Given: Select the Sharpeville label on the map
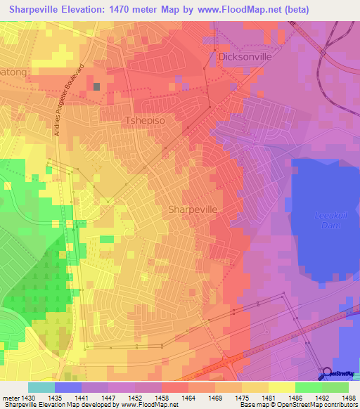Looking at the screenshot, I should [194, 209].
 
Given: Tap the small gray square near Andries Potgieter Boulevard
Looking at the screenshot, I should [96, 87].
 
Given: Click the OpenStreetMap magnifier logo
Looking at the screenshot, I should [327, 373].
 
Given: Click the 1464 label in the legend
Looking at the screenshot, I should [188, 398].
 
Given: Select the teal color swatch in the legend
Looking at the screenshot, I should [41, 387].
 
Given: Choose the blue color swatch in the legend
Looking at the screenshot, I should [68, 387].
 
